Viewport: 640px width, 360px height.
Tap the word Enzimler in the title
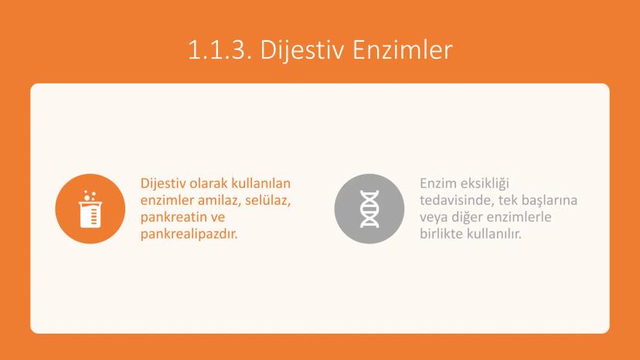click(x=403, y=49)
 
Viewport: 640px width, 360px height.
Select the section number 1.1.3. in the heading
click(x=220, y=49)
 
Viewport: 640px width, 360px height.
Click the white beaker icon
click(x=90, y=209)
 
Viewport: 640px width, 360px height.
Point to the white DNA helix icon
click(x=369, y=209)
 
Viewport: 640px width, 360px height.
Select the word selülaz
click(x=268, y=200)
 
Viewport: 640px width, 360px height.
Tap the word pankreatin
click(x=173, y=218)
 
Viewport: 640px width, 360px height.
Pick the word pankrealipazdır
click(x=189, y=234)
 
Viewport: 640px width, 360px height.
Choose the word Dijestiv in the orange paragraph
click(x=162, y=184)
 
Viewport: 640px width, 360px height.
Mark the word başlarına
click(x=550, y=201)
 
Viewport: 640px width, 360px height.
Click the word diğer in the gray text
click(x=467, y=218)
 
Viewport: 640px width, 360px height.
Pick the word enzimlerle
click(x=519, y=217)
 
